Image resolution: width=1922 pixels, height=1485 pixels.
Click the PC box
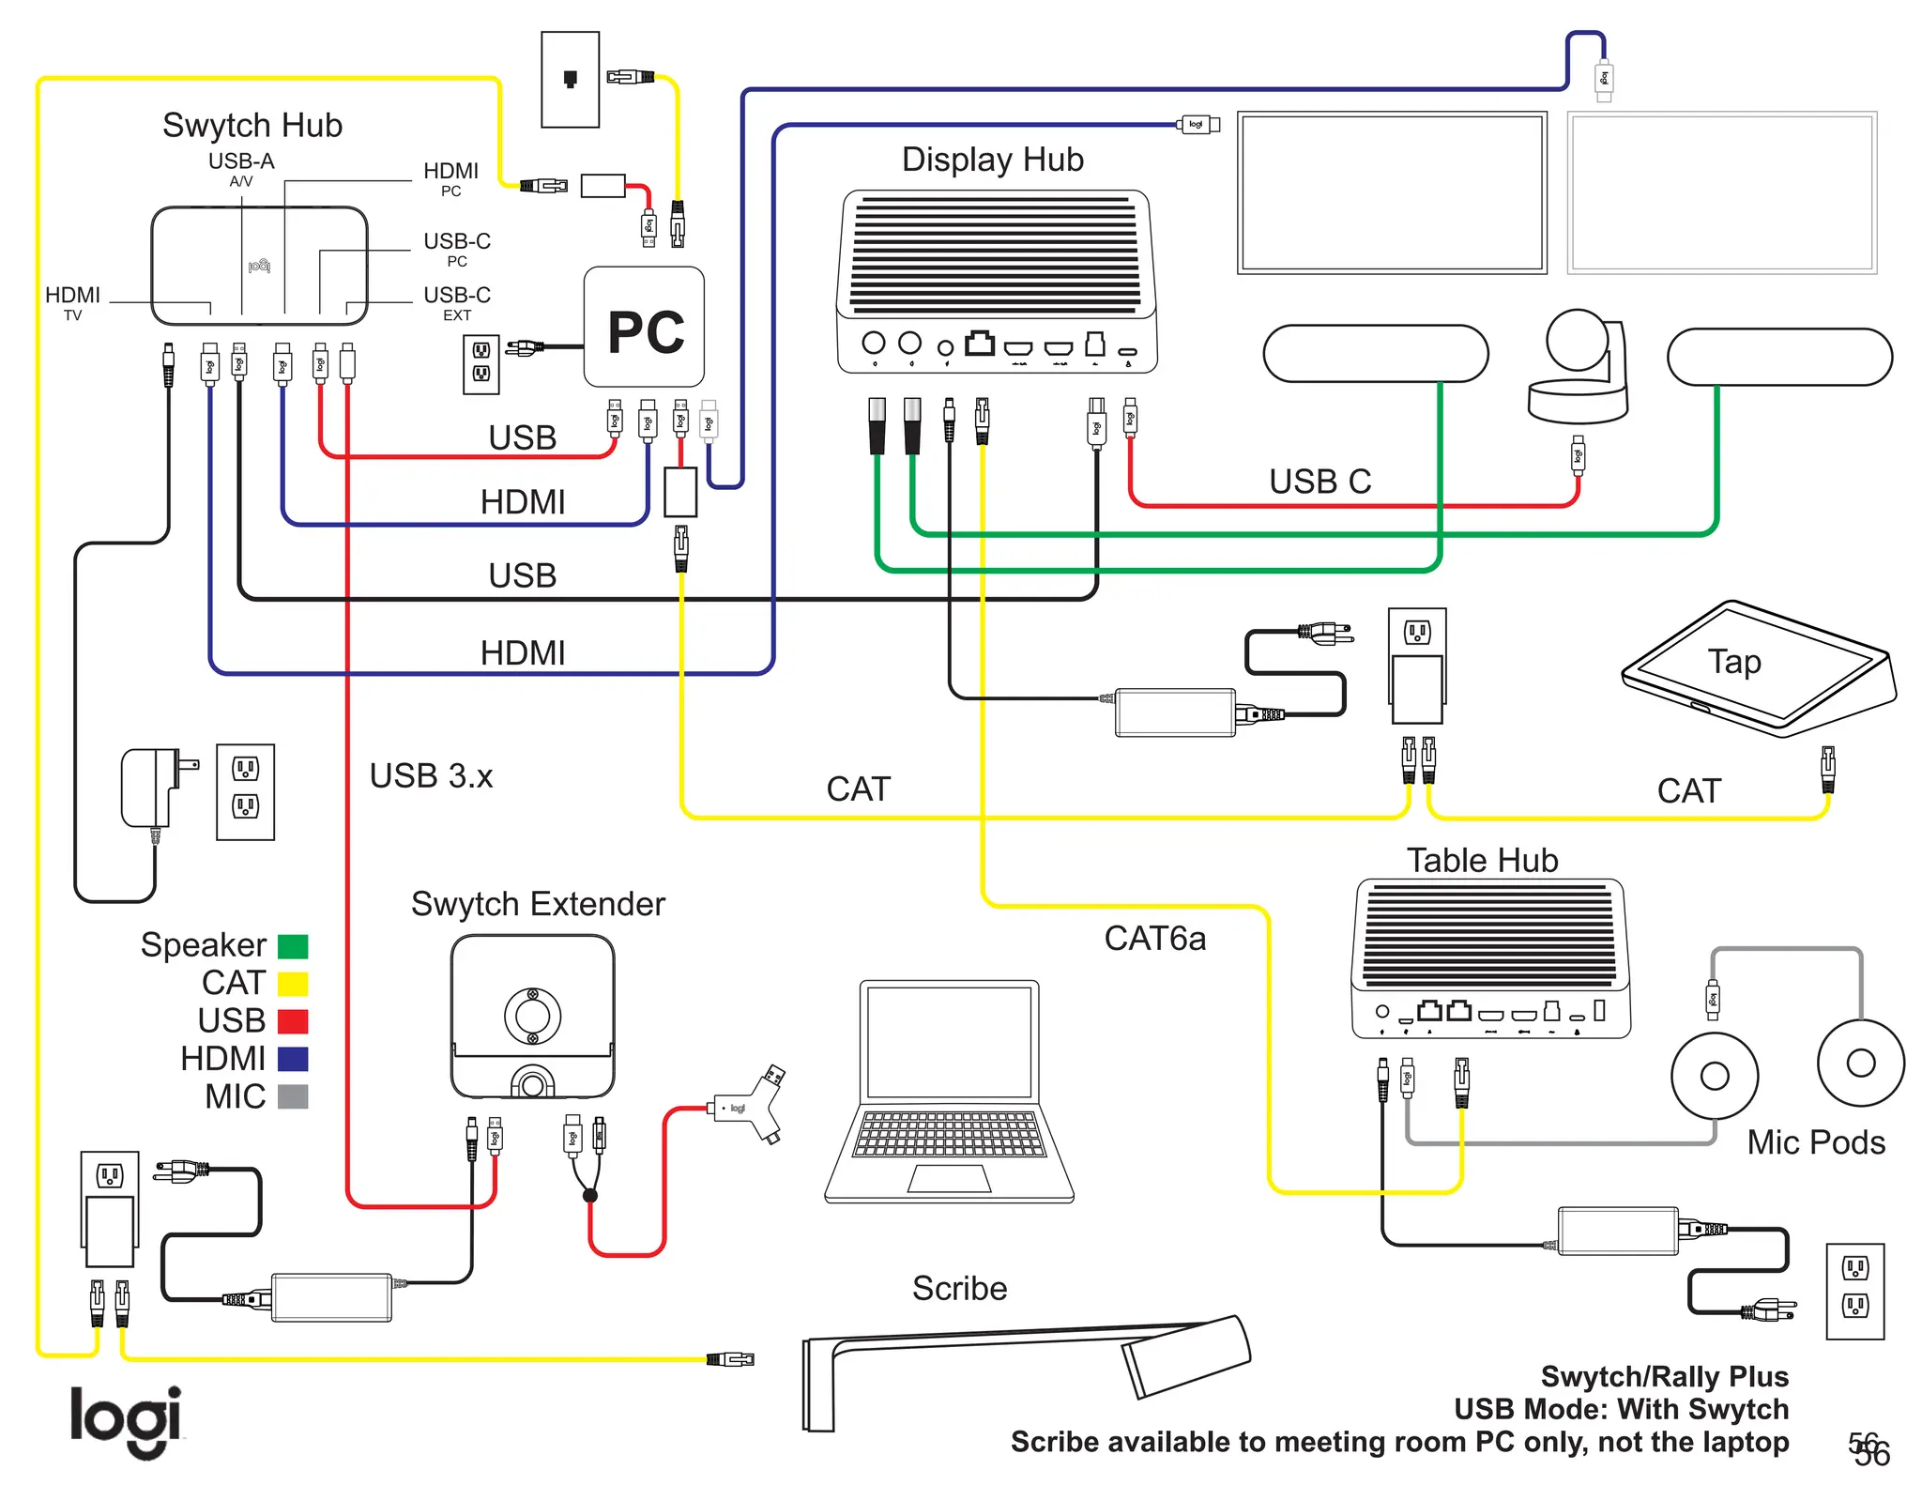pos(644,328)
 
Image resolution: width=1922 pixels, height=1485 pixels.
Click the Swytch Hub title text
pos(252,125)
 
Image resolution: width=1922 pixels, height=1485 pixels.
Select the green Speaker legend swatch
pos(293,945)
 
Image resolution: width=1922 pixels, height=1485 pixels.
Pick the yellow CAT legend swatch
pos(293,984)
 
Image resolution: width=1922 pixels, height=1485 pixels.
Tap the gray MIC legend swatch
pos(293,1096)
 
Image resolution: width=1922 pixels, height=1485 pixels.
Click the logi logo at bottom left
pos(126,1419)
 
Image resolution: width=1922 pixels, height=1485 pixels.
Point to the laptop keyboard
pos(949,1134)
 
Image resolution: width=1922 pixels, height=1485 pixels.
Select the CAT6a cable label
pos(1154,939)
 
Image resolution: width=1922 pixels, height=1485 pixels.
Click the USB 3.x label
pos(431,776)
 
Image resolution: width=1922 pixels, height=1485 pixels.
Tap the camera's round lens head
pos(1577,340)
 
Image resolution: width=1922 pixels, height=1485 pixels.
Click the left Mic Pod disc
pos(1714,1076)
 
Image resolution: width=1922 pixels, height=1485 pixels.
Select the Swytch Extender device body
pos(532,1016)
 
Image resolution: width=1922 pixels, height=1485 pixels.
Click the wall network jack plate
pos(570,79)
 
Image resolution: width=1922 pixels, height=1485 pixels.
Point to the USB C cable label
pos(1319,482)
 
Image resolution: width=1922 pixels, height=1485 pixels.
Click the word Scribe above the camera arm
pos(959,1289)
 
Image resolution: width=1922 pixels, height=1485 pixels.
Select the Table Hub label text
pos(1482,860)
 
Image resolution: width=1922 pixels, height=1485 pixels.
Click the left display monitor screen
pos(1391,192)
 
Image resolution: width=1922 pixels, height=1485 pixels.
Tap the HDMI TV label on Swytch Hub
pos(72,302)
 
